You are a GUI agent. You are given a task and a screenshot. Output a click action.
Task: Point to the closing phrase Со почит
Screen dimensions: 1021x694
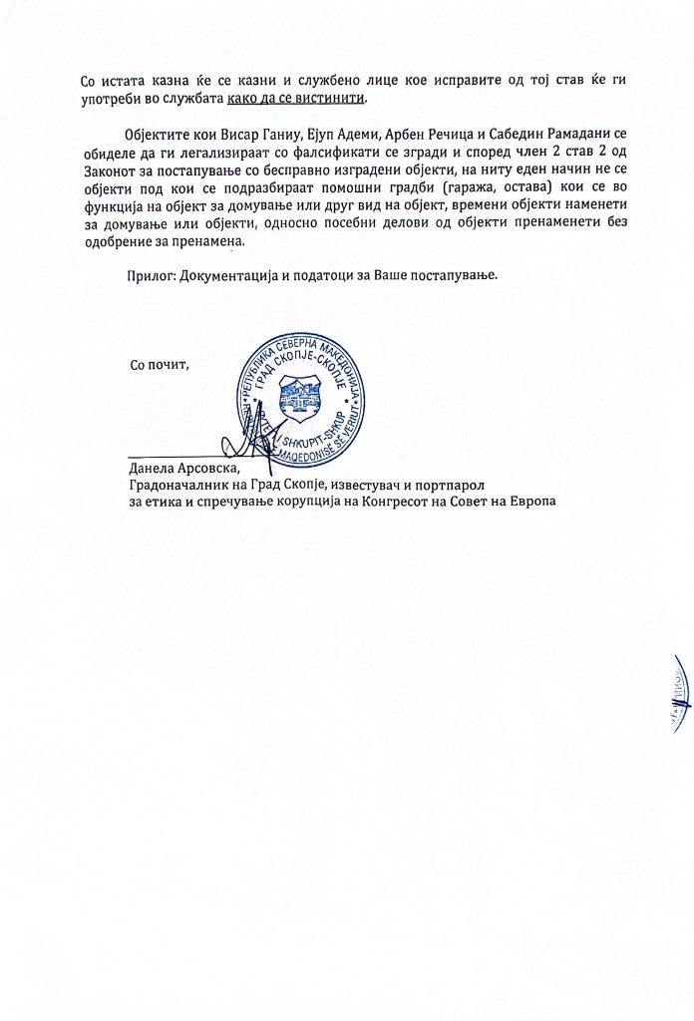click(160, 364)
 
